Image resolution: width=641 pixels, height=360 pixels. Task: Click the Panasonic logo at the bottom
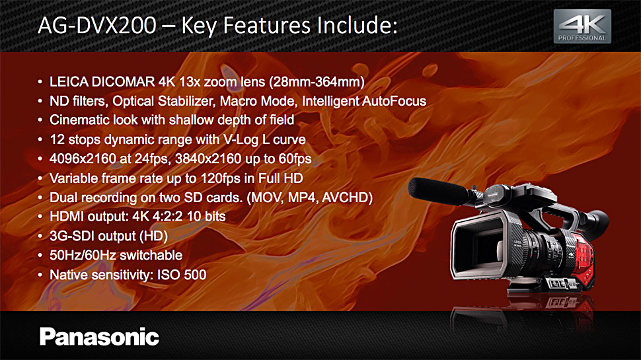tap(99, 337)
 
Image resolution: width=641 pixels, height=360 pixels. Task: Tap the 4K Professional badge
tap(582, 26)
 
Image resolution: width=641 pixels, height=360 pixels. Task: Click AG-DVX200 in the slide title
tap(97, 25)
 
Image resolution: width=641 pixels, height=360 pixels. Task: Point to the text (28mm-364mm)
tap(317, 82)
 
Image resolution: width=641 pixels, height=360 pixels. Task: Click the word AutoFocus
tap(394, 101)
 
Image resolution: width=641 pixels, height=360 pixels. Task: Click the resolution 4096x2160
tap(83, 159)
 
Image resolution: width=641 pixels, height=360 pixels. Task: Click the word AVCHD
tap(345, 198)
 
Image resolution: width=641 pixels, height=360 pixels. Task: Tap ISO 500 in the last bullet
tap(182, 275)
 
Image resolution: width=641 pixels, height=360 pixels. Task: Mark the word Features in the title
tap(266, 25)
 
